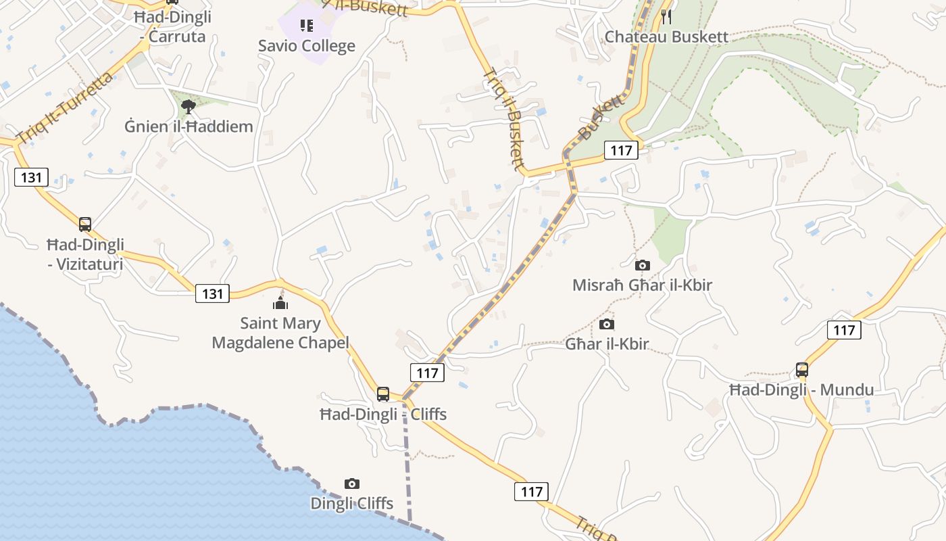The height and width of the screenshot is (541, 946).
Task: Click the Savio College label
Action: click(306, 46)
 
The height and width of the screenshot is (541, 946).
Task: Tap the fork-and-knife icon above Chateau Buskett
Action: click(666, 16)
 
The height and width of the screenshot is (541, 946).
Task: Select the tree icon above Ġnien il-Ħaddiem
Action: click(189, 106)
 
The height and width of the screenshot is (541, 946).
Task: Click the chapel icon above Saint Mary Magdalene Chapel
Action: click(280, 302)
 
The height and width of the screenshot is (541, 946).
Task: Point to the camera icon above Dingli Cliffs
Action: click(351, 484)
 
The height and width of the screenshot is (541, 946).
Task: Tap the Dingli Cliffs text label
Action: click(351, 503)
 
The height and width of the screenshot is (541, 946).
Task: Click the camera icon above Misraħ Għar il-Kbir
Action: click(642, 265)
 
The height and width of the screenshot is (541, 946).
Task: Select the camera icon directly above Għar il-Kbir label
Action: click(607, 325)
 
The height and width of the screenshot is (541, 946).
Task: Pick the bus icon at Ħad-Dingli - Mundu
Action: click(801, 370)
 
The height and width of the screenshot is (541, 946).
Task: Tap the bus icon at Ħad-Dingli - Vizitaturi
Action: click(84, 225)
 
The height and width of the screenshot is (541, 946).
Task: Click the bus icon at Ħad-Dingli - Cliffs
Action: click(382, 394)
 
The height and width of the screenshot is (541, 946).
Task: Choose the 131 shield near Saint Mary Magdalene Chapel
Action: click(212, 293)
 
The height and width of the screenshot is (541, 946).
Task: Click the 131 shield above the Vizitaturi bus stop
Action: click(31, 178)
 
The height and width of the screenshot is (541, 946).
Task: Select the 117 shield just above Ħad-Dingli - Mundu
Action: click(844, 330)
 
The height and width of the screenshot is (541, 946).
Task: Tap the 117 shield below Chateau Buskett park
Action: click(620, 150)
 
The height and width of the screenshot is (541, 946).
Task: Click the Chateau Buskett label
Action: click(666, 37)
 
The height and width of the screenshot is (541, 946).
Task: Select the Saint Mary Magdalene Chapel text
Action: click(280, 333)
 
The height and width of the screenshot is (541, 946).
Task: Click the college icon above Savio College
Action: click(306, 26)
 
